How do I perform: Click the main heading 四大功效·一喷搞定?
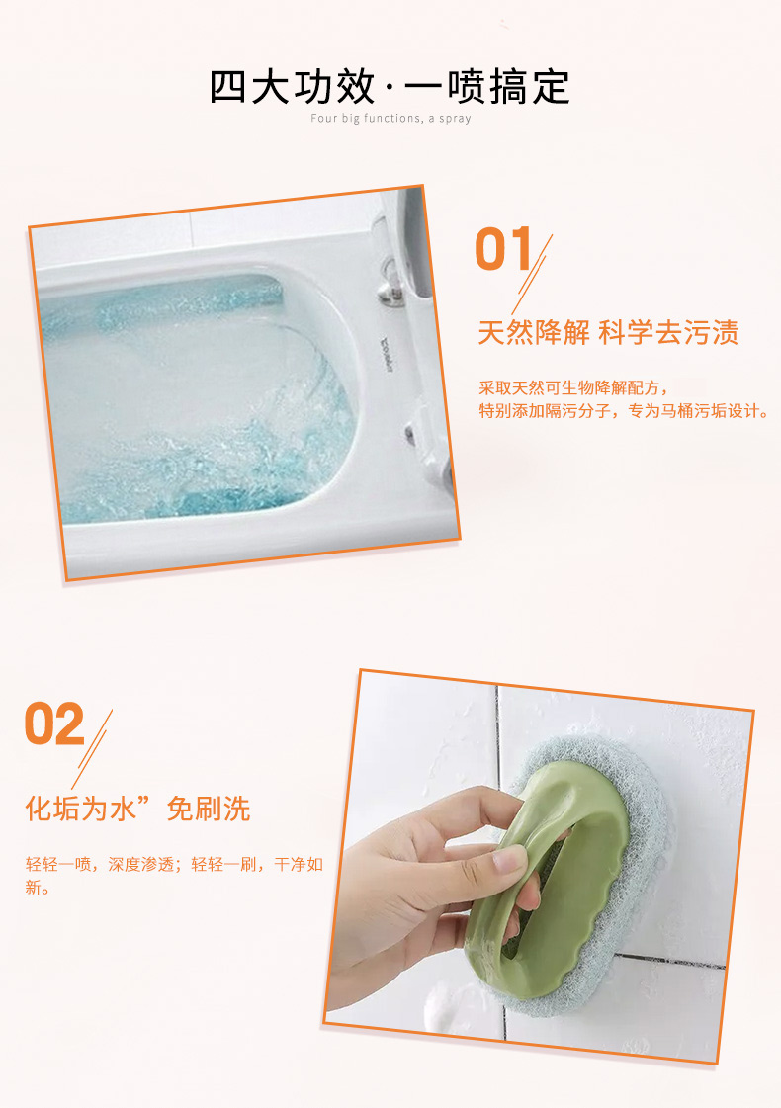(x=390, y=87)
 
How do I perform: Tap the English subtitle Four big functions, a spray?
(x=390, y=118)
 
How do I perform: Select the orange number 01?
(x=503, y=249)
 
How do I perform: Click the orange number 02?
(x=54, y=724)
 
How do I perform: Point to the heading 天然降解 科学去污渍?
(x=609, y=332)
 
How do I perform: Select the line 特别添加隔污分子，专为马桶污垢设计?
(x=625, y=410)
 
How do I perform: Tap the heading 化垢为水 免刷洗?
(x=137, y=809)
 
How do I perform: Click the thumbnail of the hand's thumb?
(x=510, y=860)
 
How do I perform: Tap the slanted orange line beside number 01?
(x=532, y=275)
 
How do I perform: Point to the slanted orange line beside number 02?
(x=92, y=749)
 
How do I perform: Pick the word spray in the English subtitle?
(x=455, y=119)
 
